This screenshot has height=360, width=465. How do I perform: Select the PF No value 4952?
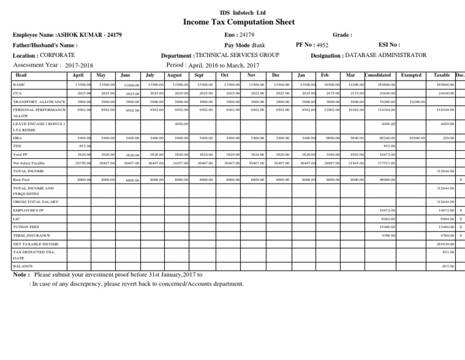click(x=322, y=45)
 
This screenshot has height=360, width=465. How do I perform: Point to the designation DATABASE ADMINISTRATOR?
click(x=386, y=55)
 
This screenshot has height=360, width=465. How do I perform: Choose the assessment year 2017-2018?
click(x=79, y=65)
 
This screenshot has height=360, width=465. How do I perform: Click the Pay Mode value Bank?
click(x=259, y=45)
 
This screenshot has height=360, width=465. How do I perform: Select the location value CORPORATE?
click(x=58, y=55)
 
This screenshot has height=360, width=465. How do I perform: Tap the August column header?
click(x=174, y=75)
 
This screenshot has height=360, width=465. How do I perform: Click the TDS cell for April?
click(x=85, y=146)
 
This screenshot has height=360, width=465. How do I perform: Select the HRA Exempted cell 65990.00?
click(x=417, y=138)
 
